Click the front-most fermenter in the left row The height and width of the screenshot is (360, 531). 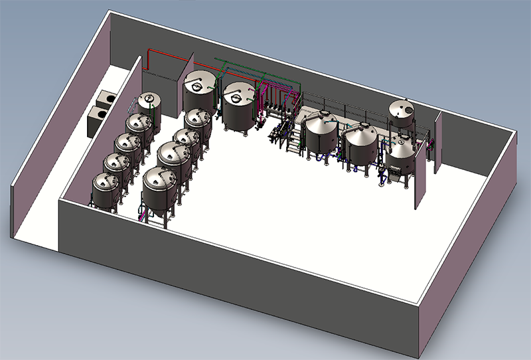click(108, 192)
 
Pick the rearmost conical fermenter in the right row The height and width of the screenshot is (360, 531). click(197, 124)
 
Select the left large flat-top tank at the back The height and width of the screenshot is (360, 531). click(200, 94)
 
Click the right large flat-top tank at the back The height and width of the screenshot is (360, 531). click(238, 106)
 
